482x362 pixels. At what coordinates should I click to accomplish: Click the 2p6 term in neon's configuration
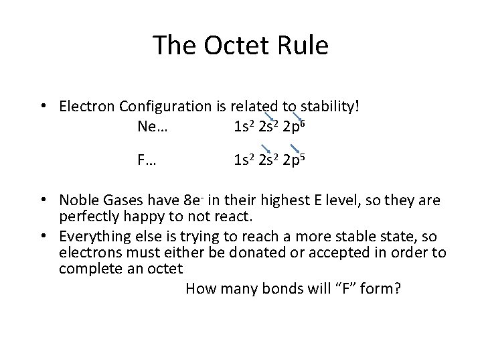(295, 125)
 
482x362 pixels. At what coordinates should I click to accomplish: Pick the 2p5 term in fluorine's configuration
(295, 160)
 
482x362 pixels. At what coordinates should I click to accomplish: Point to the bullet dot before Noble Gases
(43, 200)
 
